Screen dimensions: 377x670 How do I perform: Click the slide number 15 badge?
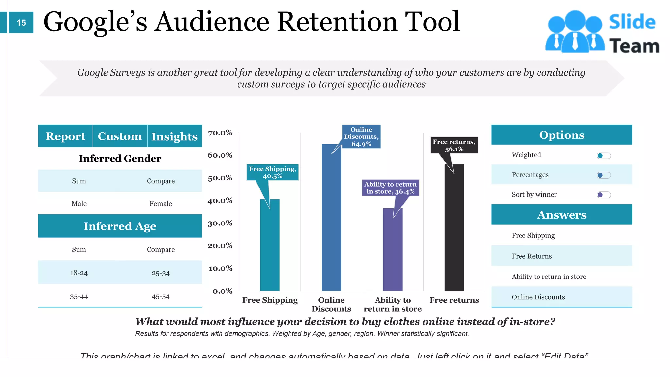[21, 23]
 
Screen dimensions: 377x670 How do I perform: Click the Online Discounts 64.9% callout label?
[361, 137]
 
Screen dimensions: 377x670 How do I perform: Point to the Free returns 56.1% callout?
[454, 145]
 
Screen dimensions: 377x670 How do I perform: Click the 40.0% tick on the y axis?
[220, 201]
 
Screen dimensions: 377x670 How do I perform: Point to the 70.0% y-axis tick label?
[220, 133]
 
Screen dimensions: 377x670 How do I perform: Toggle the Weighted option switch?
[604, 156]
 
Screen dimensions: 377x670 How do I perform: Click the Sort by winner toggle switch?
[604, 195]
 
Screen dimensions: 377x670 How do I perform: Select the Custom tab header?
[120, 136]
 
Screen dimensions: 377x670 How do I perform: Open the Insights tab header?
[174, 136]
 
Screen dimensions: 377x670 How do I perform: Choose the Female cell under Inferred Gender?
[161, 204]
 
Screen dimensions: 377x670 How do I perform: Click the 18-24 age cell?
[79, 273]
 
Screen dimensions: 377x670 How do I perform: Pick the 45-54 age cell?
[161, 297]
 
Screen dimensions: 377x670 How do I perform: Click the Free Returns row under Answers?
[532, 256]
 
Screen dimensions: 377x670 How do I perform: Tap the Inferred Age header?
[120, 226]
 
